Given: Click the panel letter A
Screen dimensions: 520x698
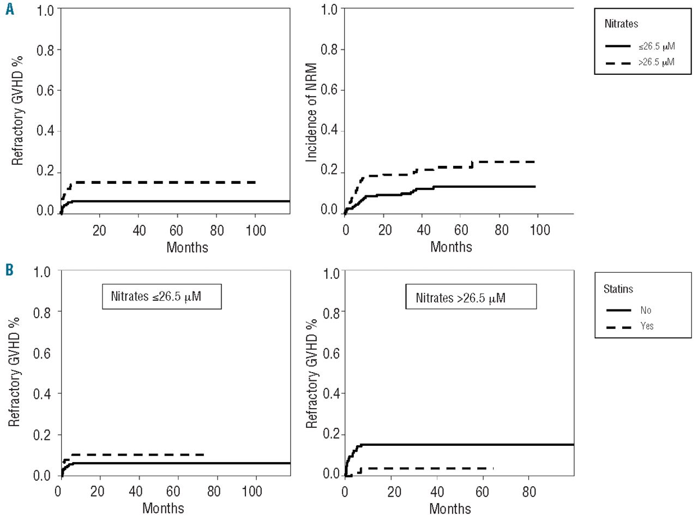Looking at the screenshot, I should pyautogui.click(x=10, y=10).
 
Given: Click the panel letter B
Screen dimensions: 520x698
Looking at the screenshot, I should pyautogui.click(x=9, y=271).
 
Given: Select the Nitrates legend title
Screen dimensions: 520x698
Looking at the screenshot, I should pyautogui.click(x=621, y=24).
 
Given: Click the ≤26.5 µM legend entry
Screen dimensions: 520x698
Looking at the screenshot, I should pyautogui.click(x=657, y=46).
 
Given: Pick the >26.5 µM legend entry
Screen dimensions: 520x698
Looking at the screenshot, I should pyautogui.click(x=657, y=62).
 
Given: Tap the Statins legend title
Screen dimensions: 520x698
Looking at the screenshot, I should pyautogui.click(x=618, y=289).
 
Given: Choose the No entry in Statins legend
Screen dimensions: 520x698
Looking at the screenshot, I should pyautogui.click(x=646, y=310).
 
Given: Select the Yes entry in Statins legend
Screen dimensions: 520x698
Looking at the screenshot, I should pyautogui.click(x=647, y=326).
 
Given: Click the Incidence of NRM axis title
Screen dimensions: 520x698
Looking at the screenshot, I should pyautogui.click(x=312, y=112).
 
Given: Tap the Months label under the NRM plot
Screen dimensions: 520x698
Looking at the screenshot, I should pyautogui.click(x=451, y=247).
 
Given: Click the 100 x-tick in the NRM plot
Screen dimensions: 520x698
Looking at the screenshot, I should pyautogui.click(x=540, y=230).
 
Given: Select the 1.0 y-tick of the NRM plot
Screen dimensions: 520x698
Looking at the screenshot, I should pyautogui.click(x=329, y=9).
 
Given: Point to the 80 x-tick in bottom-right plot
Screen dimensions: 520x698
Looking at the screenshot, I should pyautogui.click(x=528, y=492).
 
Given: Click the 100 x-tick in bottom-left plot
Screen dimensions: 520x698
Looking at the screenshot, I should pyautogui.click(x=252, y=491).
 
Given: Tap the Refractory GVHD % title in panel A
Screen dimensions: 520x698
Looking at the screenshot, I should pyautogui.click(x=18, y=110).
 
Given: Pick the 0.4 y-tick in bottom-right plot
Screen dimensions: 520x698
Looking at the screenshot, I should pyautogui.click(x=331, y=393).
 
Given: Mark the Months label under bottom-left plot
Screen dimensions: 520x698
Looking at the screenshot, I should pyautogui.click(x=163, y=508).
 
